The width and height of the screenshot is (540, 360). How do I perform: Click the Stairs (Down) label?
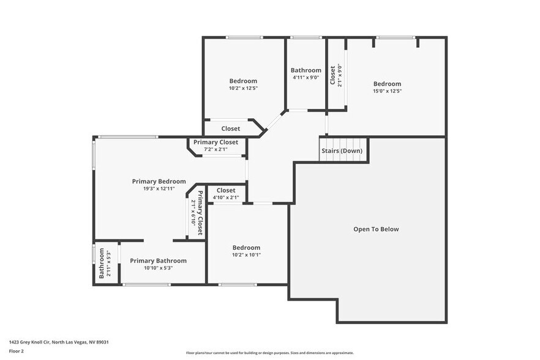(x=342, y=151)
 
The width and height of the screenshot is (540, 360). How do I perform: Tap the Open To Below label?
(x=376, y=229)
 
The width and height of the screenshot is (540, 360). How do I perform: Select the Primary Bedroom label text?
(x=159, y=181)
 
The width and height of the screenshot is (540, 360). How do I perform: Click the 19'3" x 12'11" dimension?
(x=159, y=189)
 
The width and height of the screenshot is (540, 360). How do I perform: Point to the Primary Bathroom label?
(x=158, y=261)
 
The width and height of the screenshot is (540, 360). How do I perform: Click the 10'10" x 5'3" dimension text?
(x=158, y=268)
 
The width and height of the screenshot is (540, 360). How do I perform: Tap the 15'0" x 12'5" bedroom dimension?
(x=387, y=91)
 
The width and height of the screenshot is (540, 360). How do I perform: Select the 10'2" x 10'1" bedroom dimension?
(x=246, y=255)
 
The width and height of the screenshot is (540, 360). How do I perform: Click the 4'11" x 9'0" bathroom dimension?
(x=306, y=77)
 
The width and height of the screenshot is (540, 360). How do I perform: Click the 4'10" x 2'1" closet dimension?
(x=225, y=197)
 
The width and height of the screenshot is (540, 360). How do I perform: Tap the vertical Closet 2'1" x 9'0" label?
(x=336, y=75)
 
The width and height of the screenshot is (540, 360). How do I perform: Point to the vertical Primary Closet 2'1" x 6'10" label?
(x=197, y=213)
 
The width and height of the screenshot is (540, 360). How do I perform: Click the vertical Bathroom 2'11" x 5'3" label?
(x=105, y=263)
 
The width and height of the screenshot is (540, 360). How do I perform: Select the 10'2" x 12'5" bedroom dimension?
(x=243, y=88)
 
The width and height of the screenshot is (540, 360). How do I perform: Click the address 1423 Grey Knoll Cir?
(x=63, y=342)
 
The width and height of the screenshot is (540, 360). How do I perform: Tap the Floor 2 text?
(x=17, y=351)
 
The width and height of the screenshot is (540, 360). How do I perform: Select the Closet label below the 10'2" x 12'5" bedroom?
(x=231, y=129)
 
